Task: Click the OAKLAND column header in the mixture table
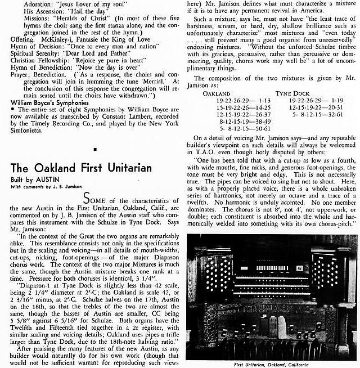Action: click(217, 93)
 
